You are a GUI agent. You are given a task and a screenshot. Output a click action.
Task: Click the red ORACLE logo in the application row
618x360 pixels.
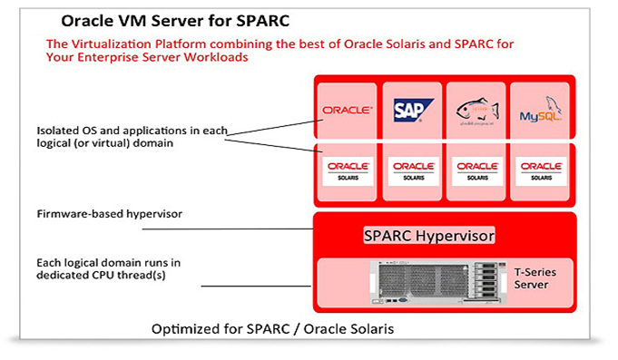[347, 111]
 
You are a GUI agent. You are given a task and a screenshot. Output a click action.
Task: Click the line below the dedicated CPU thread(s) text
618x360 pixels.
[259, 287]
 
